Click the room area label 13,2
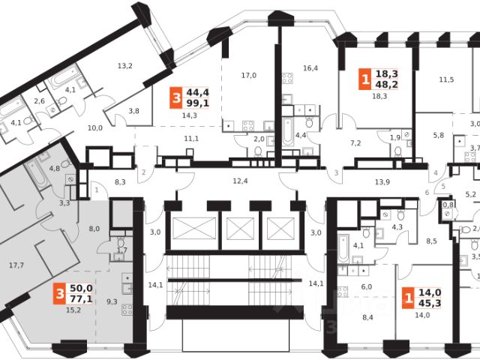pyautogui.click(x=124, y=66)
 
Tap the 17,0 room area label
pyautogui.click(x=248, y=75)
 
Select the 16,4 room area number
pyautogui.click(x=310, y=68)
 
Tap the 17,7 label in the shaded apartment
pyautogui.click(x=16, y=265)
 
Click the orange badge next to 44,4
pyautogui.click(x=175, y=98)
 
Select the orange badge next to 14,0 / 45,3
pyautogui.click(x=407, y=298)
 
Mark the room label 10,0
pyautogui.click(x=95, y=128)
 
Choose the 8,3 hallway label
pyautogui.click(x=120, y=181)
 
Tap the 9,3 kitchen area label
pyautogui.click(x=112, y=301)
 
